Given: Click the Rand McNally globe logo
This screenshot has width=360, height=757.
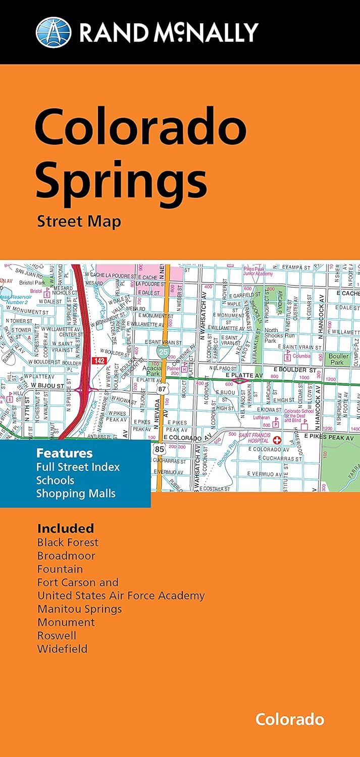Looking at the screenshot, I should click(54, 32).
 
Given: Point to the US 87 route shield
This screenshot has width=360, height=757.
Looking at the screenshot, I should click(161, 390).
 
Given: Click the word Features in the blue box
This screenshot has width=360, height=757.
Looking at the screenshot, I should click(64, 453).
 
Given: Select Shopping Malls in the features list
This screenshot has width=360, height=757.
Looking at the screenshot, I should click(76, 493).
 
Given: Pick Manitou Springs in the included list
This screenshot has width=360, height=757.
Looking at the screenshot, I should click(80, 609).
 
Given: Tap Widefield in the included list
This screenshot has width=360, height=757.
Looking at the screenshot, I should click(62, 648).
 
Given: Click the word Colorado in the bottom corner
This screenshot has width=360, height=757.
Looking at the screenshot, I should click(289, 719).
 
